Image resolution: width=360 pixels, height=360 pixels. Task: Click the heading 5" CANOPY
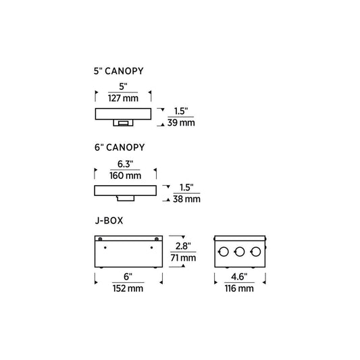pyautogui.click(x=118, y=71)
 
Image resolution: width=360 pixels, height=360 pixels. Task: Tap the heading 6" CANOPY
pyautogui.click(x=120, y=147)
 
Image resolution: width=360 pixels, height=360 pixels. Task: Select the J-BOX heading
pyautogui.click(x=109, y=221)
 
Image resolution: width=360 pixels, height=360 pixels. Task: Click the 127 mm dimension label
pyautogui.click(x=124, y=98)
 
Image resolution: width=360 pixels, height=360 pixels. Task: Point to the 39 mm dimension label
pyautogui.click(x=181, y=123)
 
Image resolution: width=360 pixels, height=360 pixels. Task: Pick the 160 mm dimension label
pyautogui.click(x=126, y=176)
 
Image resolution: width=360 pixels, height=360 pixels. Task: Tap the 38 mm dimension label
pyautogui.click(x=186, y=199)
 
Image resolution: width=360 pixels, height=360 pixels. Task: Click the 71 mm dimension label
pyautogui.click(x=183, y=257)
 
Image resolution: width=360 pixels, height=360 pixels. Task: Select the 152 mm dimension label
pyautogui.click(x=128, y=288)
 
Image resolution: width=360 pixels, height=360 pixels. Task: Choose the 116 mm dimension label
pyautogui.click(x=239, y=288)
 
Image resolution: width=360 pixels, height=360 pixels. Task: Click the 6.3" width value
pyautogui.click(x=126, y=164)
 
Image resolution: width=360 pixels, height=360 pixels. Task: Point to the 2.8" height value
pyautogui.click(x=183, y=246)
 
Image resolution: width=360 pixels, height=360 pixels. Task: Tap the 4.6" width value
pyautogui.click(x=239, y=277)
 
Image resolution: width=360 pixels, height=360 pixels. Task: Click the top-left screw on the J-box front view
pyautogui.click(x=100, y=239)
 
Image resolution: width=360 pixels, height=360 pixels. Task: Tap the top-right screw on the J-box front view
pyautogui.click(x=157, y=239)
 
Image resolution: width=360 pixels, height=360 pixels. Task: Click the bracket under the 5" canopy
pyautogui.click(x=124, y=123)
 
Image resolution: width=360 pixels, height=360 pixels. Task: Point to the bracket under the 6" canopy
pyautogui.click(x=126, y=199)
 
